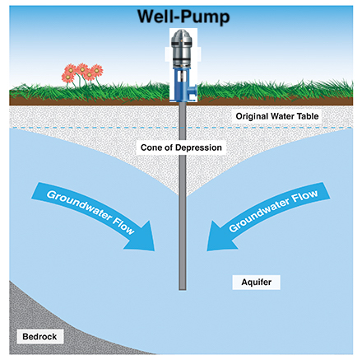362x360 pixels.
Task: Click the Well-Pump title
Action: click(183, 16)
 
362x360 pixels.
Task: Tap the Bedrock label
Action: click(39, 336)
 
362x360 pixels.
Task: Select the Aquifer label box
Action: click(257, 283)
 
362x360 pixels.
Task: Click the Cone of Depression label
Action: click(181, 147)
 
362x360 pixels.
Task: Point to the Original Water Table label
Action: click(277, 116)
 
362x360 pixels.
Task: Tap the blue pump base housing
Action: click(183, 85)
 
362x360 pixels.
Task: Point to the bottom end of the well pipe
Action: click(183, 289)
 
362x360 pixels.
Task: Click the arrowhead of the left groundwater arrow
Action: click(142, 237)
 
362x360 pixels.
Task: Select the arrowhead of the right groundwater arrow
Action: click(220, 237)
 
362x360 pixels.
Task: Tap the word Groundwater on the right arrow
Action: click(259, 215)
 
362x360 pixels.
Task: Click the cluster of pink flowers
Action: click(82, 72)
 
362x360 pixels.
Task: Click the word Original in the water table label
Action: click(252, 116)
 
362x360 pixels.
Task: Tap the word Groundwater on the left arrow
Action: click(80, 205)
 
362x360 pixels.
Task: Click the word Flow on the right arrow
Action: click(304, 196)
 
